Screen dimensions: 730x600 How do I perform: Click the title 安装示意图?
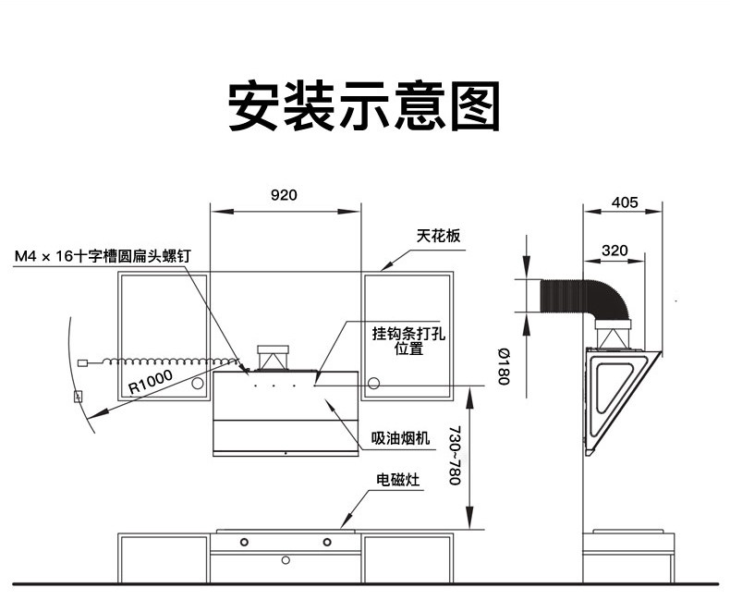point(364,104)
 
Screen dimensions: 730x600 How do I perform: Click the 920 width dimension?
point(284,195)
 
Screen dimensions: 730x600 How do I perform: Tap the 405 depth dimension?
point(625,202)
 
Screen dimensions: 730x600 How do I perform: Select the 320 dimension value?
point(614,250)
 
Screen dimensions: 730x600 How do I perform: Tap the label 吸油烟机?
point(401,438)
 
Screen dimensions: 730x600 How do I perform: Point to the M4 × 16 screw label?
point(102,255)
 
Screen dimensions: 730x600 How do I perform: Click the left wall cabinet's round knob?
point(199,383)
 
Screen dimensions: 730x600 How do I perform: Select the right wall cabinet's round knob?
point(374,383)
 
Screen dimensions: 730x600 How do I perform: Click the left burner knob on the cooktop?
point(244,541)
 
